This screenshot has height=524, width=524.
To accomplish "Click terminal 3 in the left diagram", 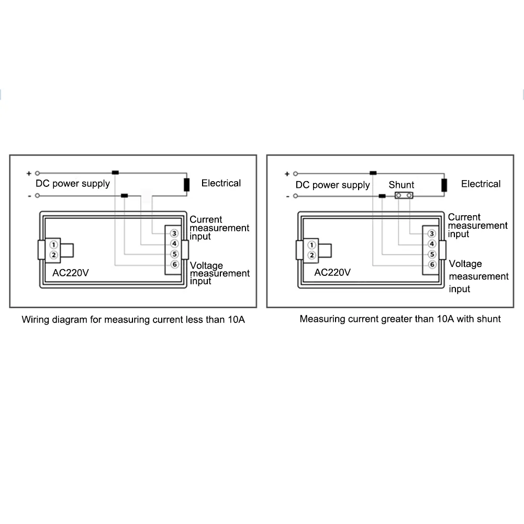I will point(175,233).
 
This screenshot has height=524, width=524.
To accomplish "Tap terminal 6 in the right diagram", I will point(432,265).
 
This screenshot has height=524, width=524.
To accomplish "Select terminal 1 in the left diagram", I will point(53,244).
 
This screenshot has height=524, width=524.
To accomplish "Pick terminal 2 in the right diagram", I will point(312,255).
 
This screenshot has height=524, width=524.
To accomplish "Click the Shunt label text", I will point(402,185).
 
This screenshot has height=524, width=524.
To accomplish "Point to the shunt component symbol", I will point(403,196).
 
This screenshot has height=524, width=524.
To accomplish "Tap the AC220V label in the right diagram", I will point(332,272).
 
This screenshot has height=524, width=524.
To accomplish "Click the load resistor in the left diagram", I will point(186,185).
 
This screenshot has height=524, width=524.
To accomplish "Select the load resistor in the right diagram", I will point(444,185).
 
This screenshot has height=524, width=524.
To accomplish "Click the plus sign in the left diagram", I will point(29,173).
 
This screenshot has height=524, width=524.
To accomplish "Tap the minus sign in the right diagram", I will point(287,196).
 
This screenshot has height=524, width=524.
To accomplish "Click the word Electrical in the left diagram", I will point(221,183).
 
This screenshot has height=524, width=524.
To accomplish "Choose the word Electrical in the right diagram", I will point(481,184).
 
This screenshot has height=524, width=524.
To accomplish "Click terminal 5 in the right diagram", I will point(432,254).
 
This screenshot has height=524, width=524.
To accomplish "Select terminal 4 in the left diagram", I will point(175,243).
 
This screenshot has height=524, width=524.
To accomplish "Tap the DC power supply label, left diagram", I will point(73,184).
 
